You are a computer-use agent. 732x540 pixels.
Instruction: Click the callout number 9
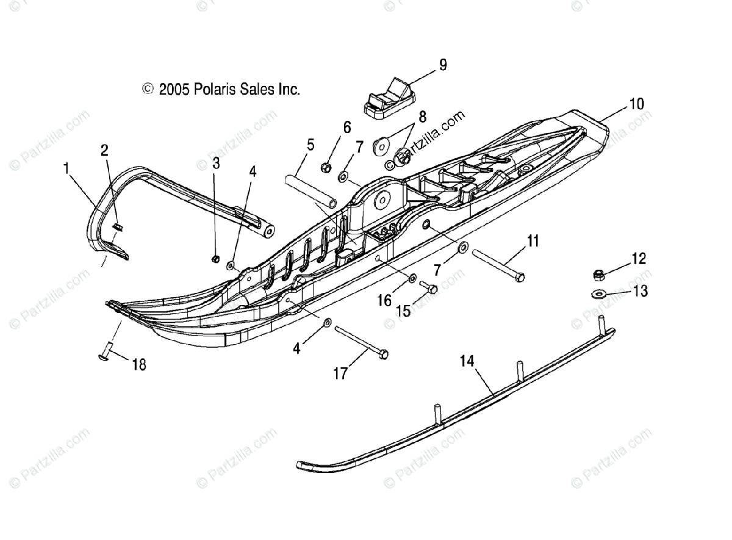click(442, 65)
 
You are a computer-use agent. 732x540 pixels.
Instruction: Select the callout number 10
click(636, 104)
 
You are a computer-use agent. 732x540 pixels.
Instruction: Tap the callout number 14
click(467, 362)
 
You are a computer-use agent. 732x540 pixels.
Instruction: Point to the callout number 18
click(139, 365)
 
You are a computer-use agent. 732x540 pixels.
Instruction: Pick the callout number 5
click(310, 145)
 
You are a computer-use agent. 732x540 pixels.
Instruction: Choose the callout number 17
click(340, 373)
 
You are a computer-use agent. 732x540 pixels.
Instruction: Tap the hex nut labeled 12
click(598, 275)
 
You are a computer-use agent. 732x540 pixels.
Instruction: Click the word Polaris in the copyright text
click(214, 90)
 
